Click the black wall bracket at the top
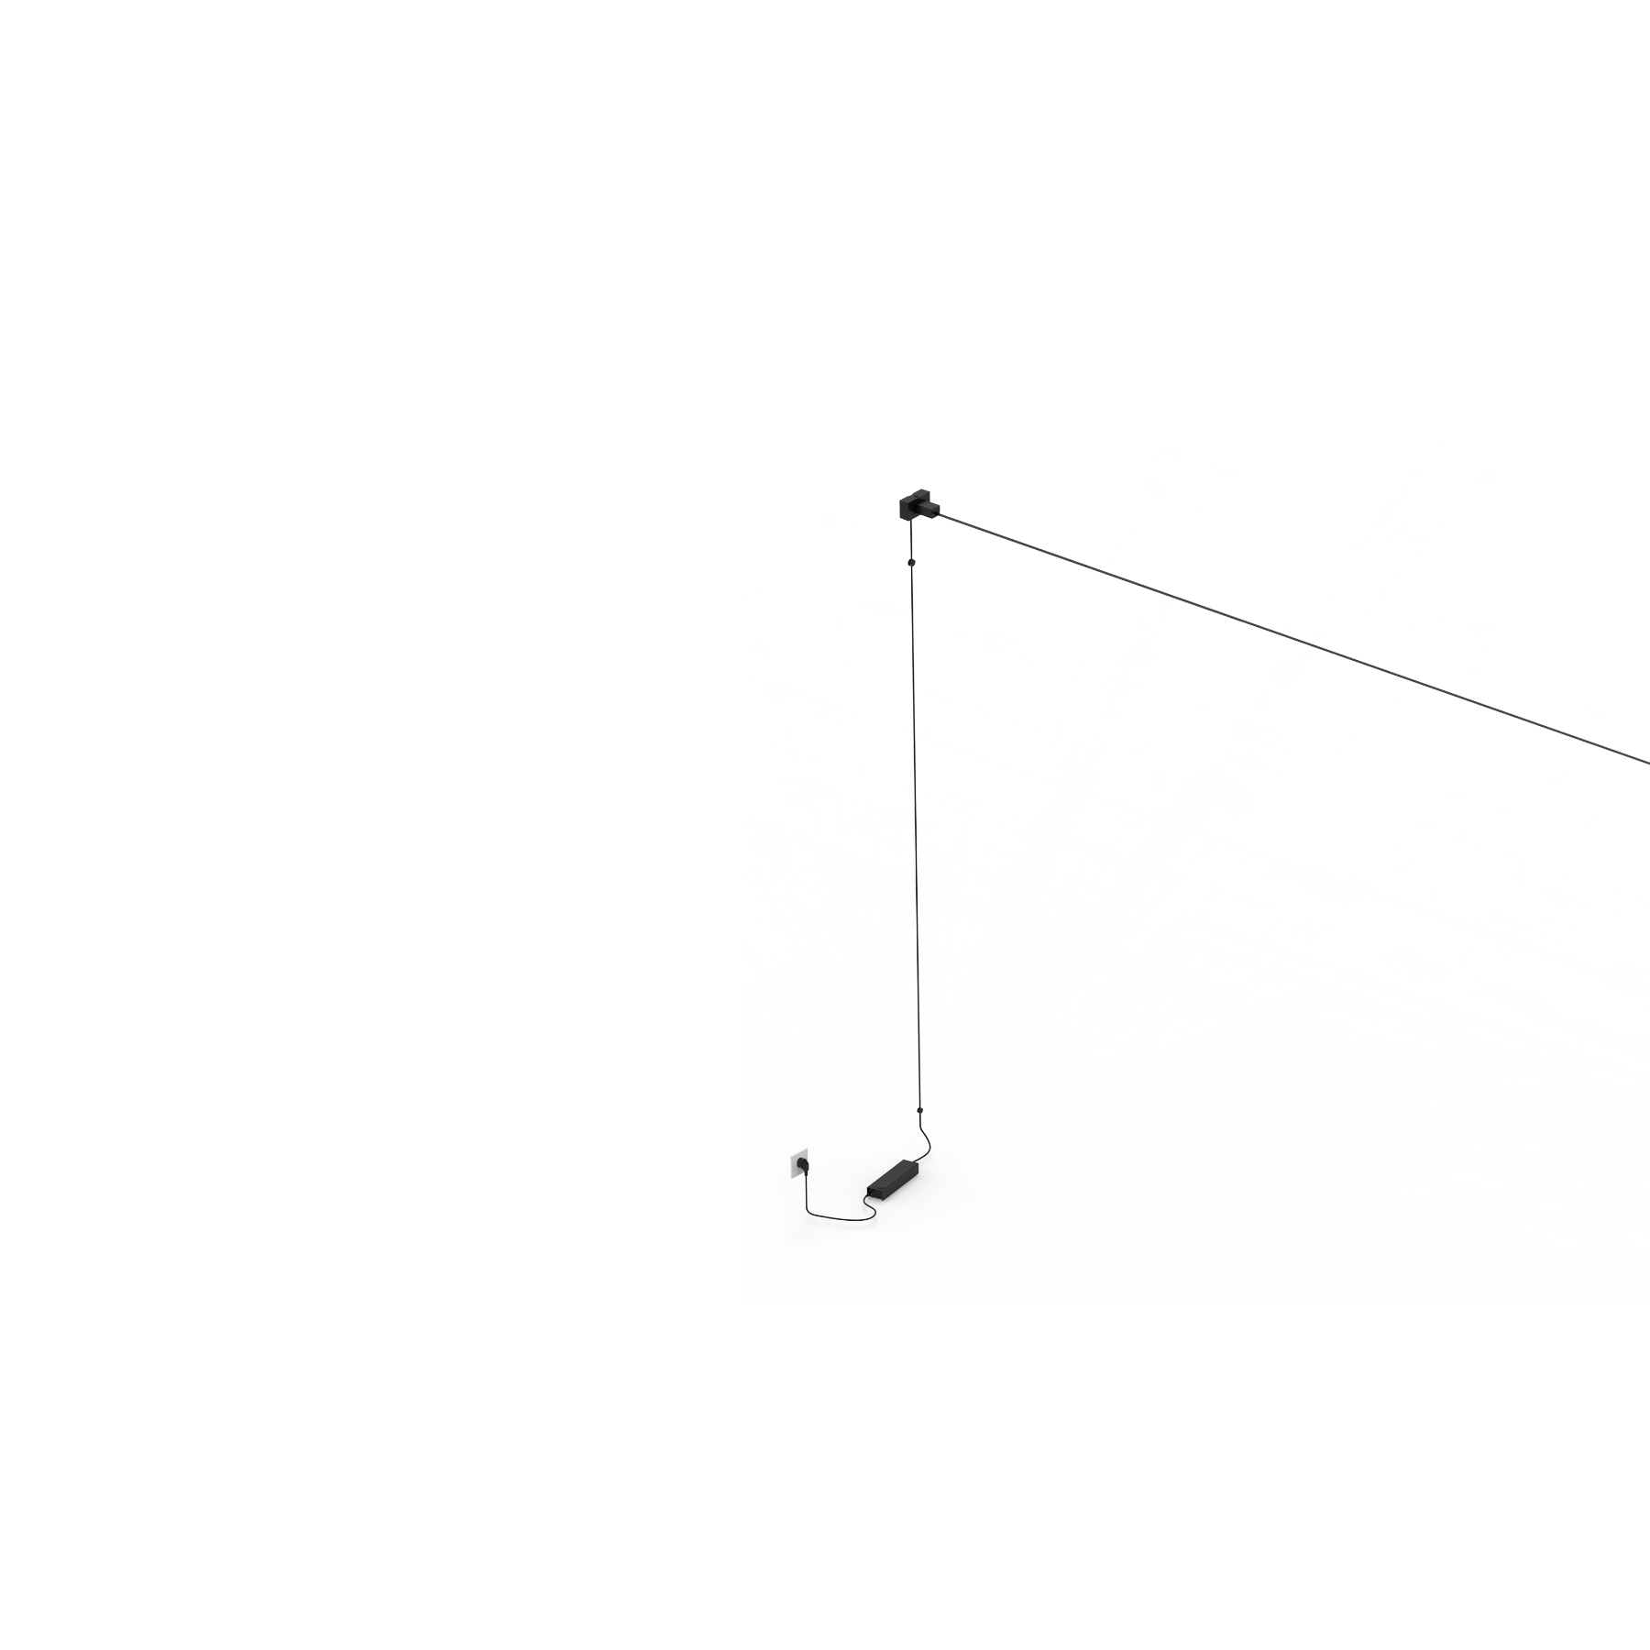[917, 507]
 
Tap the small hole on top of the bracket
[915, 500]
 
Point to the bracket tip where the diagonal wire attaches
[937, 512]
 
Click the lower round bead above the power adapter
[918, 1110]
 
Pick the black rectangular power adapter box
[895, 1177]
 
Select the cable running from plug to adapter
[830, 1216]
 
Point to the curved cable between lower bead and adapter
[928, 1141]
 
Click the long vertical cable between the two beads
[915, 825]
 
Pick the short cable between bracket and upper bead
[911, 541]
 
